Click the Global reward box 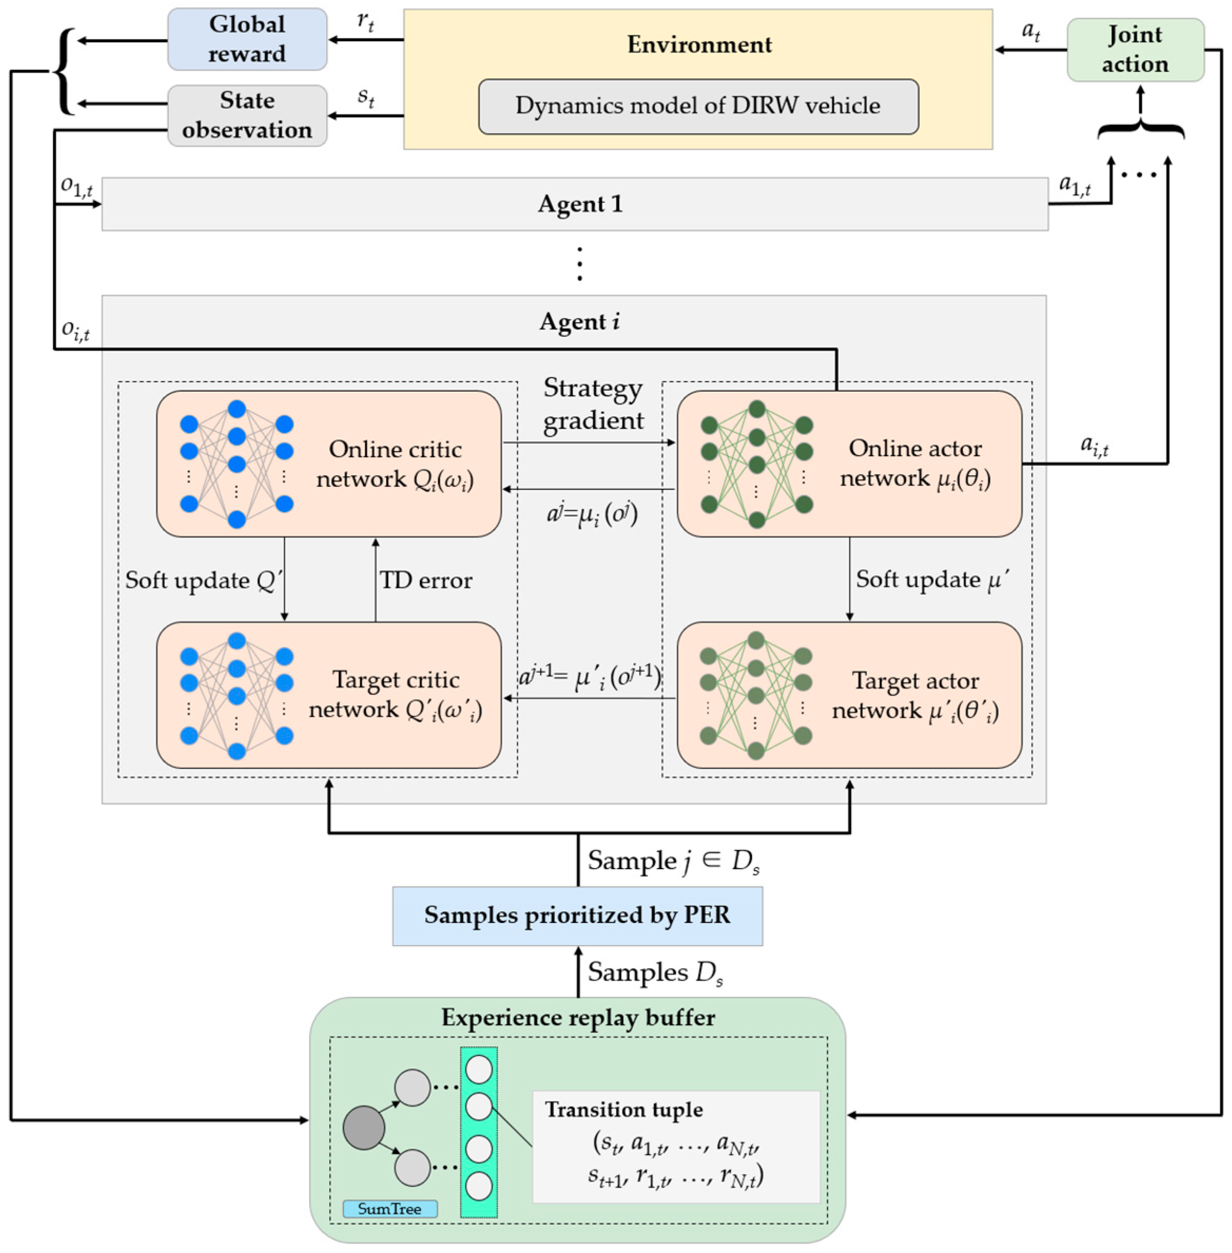click(247, 39)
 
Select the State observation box click(247, 115)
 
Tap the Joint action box click(1136, 49)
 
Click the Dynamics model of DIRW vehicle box click(698, 106)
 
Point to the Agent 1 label click(580, 204)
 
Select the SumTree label click(390, 1208)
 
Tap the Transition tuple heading click(624, 1110)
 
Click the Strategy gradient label click(594, 404)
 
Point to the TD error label click(426, 580)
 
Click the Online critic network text click(395, 464)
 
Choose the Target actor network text click(915, 696)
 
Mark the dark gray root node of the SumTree click(364, 1128)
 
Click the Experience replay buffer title click(578, 1017)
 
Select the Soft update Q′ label click(204, 580)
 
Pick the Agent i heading click(580, 322)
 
